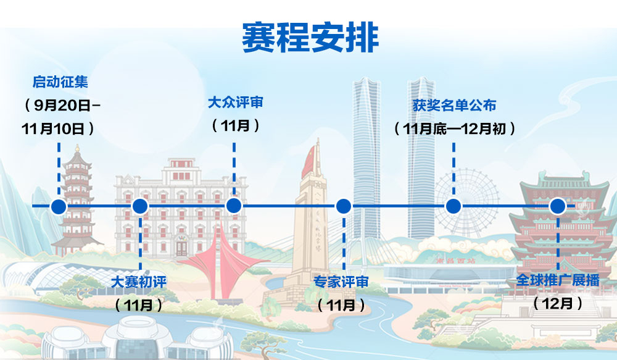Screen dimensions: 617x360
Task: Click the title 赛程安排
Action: click(310, 38)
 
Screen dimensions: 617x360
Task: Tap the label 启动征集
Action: click(60, 82)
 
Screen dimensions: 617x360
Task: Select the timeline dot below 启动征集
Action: click(59, 206)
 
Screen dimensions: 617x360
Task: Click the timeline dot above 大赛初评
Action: click(140, 206)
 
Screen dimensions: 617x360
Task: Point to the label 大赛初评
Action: click(139, 282)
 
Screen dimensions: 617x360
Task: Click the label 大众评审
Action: click(235, 103)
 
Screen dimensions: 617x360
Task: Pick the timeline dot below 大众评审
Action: click(234, 206)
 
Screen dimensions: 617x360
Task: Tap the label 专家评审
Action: click(341, 282)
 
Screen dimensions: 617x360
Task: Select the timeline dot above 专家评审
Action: click(344, 206)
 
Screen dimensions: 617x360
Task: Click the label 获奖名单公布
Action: click(454, 105)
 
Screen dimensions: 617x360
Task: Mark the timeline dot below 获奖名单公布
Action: click(453, 206)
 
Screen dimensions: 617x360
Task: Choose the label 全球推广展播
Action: click(558, 280)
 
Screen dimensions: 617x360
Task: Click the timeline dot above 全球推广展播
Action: click(558, 206)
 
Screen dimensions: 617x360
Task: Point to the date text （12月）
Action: click(558, 303)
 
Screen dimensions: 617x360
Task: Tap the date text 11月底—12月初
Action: click(455, 129)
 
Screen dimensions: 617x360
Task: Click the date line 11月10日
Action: click(53, 129)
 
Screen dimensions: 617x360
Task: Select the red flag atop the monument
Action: click(309, 162)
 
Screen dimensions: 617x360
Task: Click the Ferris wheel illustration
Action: click(466, 203)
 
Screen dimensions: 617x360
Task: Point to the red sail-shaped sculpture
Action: click(221, 262)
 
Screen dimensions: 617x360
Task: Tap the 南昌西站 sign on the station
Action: click(456, 261)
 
